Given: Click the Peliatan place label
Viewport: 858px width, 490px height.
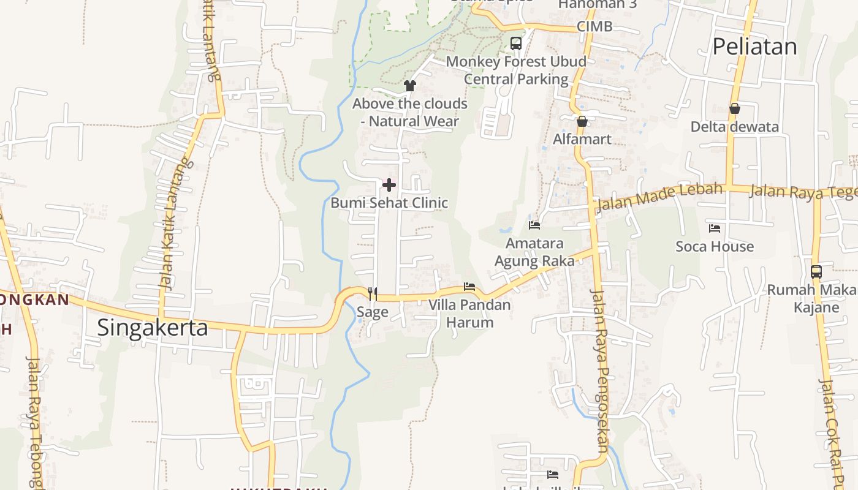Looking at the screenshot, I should [754, 47].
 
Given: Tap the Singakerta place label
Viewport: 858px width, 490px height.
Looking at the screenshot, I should [153, 328].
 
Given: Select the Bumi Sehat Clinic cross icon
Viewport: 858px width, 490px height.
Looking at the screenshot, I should [389, 184].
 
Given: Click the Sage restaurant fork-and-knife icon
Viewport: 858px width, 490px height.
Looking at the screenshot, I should [372, 294].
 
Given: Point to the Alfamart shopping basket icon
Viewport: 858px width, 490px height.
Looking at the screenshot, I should [582, 121].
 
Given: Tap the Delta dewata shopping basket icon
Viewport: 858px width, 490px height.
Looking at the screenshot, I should [734, 109].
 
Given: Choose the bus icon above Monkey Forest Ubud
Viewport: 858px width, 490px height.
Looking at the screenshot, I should [516, 43].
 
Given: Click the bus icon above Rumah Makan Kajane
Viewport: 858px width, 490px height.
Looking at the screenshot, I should [816, 271].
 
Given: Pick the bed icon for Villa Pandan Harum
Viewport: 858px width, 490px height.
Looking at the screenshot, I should [469, 287].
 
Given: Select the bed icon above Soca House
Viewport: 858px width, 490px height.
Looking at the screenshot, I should [715, 228].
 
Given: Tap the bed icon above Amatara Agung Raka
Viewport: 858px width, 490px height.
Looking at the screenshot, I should [534, 225].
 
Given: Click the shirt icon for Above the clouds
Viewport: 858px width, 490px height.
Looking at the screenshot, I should [410, 86].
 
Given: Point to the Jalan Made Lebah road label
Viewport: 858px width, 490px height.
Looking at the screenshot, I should [659, 197].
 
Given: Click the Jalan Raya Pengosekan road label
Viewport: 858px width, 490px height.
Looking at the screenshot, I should [599, 370].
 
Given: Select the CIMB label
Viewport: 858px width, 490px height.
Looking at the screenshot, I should [594, 26].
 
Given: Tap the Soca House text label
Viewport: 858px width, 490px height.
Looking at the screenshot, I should [715, 246].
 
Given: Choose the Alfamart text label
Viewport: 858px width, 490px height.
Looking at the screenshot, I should [582, 139].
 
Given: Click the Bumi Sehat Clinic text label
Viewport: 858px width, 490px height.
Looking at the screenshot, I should [389, 203].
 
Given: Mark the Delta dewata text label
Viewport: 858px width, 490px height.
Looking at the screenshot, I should [734, 127].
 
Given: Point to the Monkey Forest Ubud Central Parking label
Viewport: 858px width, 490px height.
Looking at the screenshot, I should [516, 70].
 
